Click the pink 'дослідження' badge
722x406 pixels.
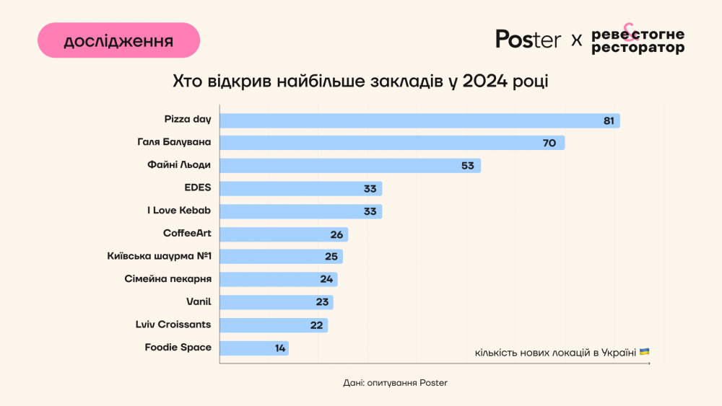click(118, 40)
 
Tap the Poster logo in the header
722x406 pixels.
click(528, 40)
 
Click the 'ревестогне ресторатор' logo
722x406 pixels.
click(638, 40)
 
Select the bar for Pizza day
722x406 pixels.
click(419, 120)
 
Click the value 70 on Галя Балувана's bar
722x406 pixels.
click(549, 144)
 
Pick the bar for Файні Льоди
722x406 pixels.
click(349, 166)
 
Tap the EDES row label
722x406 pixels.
click(198, 187)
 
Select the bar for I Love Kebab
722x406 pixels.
click(300, 211)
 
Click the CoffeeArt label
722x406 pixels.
click(187, 233)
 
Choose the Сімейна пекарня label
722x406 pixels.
click(168, 278)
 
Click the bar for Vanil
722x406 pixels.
click(276, 302)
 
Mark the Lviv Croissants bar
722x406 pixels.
click(273, 325)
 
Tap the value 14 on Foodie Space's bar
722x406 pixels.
click(280, 348)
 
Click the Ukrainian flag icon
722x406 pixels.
click(644, 352)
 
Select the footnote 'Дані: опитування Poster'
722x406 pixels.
click(395, 383)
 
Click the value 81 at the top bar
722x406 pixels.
click(609, 121)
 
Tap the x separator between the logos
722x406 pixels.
click(576, 40)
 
